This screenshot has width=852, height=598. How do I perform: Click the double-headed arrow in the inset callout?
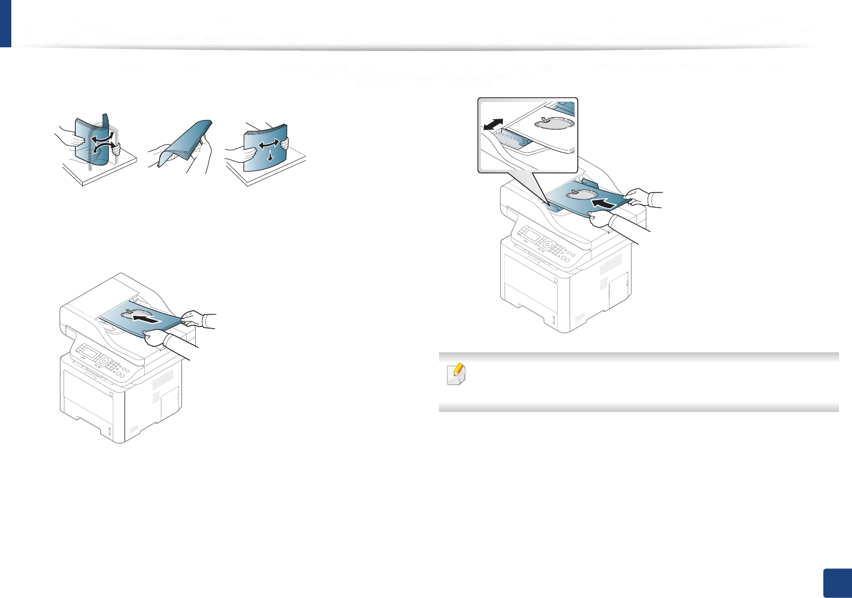coord(494,124)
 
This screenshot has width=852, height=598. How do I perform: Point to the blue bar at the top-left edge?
coord(5,24)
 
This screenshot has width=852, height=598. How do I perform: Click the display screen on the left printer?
coord(88,354)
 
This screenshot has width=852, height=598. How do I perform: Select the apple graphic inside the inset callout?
coord(553,123)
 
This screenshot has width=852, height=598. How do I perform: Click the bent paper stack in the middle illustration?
coord(181,144)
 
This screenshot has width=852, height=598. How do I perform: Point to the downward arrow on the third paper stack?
coord(270,156)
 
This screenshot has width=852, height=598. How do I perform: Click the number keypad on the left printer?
coord(115,367)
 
